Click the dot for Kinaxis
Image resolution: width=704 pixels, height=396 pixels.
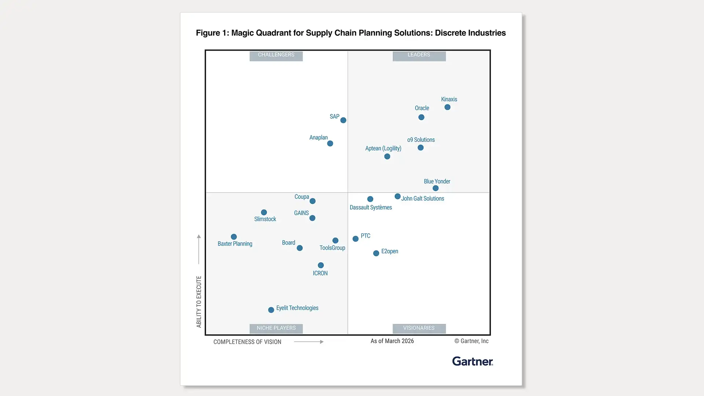[x=447, y=107]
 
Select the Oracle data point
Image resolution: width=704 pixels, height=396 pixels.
[x=421, y=117]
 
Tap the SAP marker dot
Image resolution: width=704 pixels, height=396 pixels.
[x=343, y=120]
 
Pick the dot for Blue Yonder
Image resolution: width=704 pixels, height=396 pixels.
[x=436, y=188]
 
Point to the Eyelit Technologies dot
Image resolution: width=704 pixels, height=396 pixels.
[x=271, y=310]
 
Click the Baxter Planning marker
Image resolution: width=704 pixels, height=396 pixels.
[x=234, y=237]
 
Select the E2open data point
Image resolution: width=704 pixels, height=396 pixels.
[x=376, y=253]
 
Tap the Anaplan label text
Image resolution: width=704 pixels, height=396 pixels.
[x=318, y=137]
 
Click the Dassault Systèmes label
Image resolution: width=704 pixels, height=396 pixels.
[x=371, y=208]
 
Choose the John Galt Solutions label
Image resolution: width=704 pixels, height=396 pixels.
[x=422, y=199]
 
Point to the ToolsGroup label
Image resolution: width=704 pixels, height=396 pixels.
[x=332, y=248]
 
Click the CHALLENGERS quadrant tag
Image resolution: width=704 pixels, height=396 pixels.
[x=276, y=55]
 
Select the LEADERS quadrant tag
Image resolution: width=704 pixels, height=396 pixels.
[x=419, y=55]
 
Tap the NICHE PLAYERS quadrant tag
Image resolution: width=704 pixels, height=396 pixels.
[x=276, y=328]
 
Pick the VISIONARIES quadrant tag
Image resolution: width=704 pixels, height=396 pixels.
[x=419, y=328]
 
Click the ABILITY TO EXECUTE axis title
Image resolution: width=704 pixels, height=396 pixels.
[x=199, y=301]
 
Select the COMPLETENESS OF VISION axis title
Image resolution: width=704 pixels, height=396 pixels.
[x=247, y=342]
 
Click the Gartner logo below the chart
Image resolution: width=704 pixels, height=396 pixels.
[x=473, y=362]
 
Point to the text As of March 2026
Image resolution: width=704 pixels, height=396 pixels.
[x=392, y=341]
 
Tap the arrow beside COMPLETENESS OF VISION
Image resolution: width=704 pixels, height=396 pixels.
[x=309, y=342]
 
